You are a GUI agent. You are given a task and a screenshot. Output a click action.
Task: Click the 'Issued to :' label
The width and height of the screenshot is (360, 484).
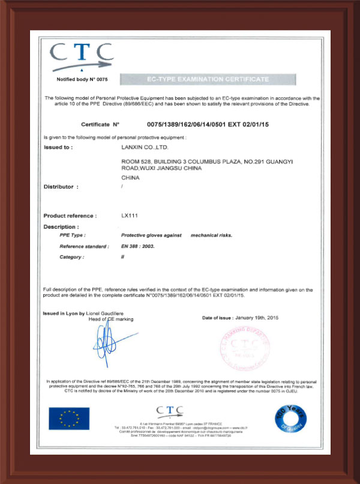(58, 147)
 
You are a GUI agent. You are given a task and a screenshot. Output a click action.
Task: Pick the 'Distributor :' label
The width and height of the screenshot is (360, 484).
(61, 187)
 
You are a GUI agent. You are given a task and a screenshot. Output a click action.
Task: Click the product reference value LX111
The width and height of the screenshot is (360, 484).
(129, 216)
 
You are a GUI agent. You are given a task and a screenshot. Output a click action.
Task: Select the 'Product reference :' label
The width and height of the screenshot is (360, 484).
(70, 216)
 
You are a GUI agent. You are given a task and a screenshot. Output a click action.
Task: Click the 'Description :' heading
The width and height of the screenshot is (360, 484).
(61, 227)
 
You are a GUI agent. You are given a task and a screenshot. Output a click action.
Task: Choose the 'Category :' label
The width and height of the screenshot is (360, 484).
(72, 257)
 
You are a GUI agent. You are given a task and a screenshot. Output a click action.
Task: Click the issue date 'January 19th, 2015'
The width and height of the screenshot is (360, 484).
(259, 317)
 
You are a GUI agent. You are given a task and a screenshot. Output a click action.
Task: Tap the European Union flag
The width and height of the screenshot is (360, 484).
(69, 419)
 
